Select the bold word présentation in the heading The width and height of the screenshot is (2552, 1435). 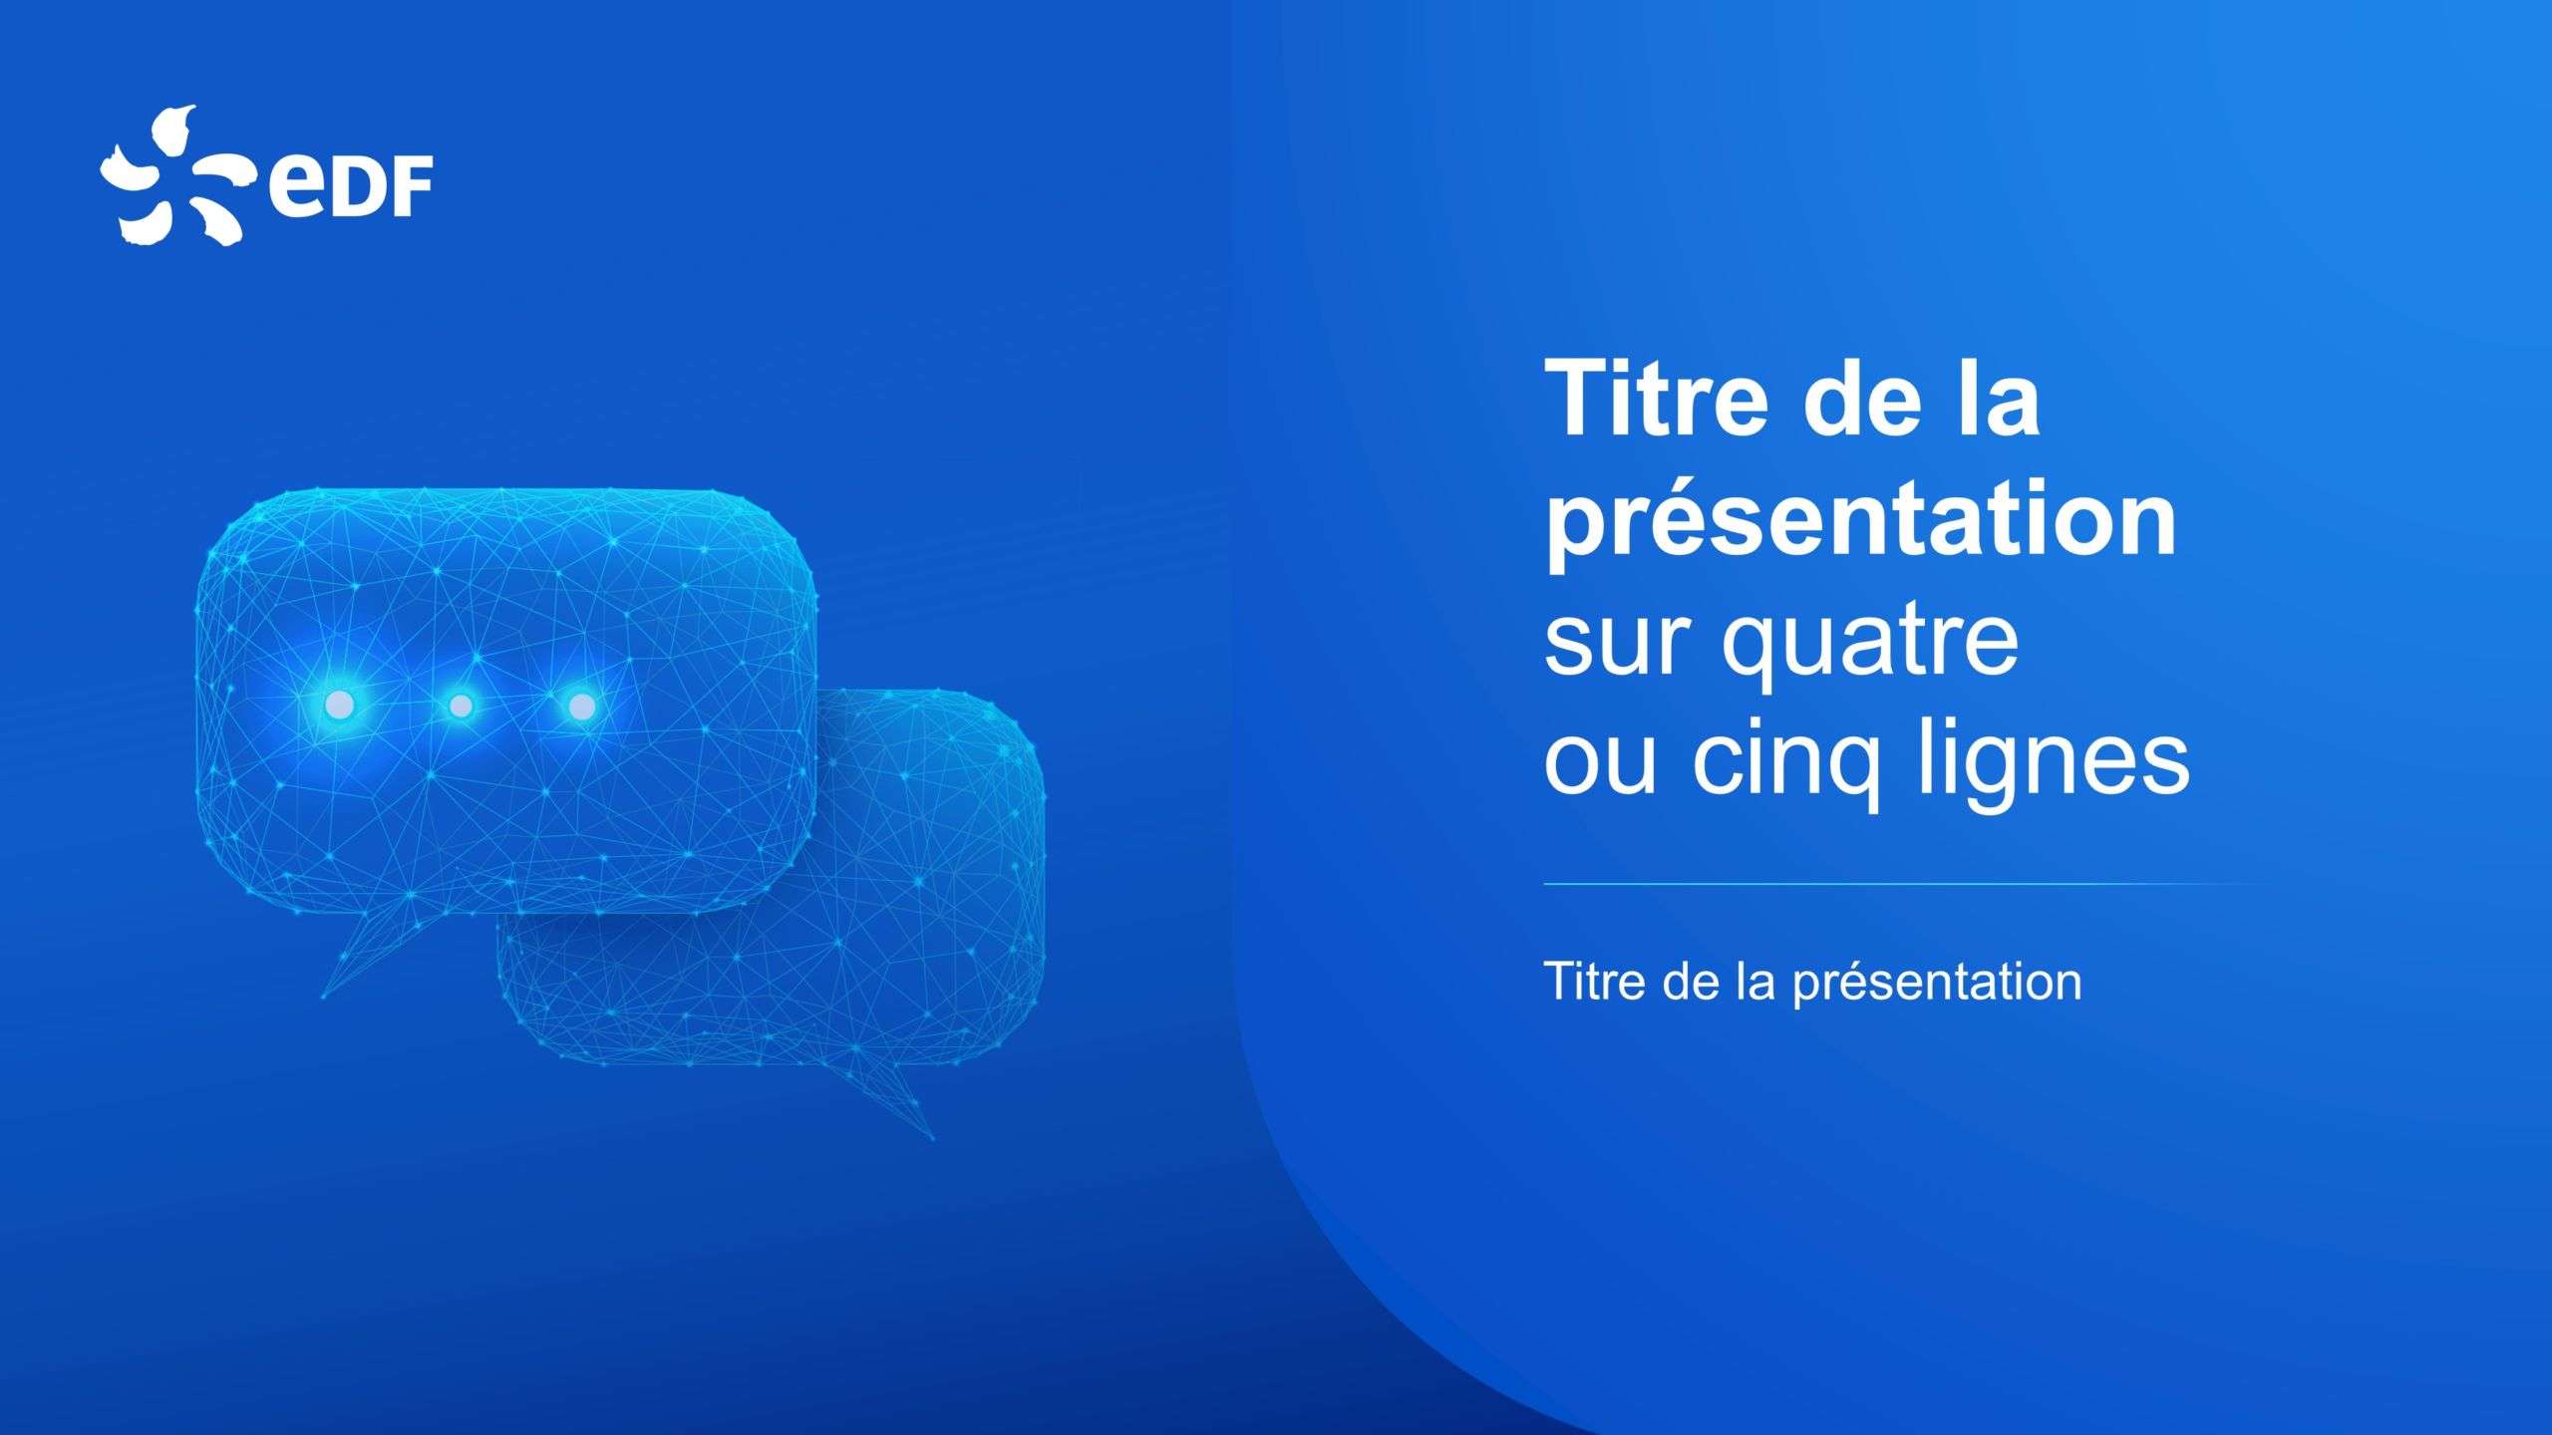(1860, 520)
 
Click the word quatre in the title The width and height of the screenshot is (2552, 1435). (1869, 646)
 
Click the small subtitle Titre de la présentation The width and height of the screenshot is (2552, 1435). (1812, 981)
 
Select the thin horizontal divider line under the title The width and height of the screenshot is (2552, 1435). (1894, 884)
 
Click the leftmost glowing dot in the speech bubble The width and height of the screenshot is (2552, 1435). (340, 706)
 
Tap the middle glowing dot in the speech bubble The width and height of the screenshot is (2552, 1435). (461, 707)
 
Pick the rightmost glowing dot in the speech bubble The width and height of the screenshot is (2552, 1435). (582, 707)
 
